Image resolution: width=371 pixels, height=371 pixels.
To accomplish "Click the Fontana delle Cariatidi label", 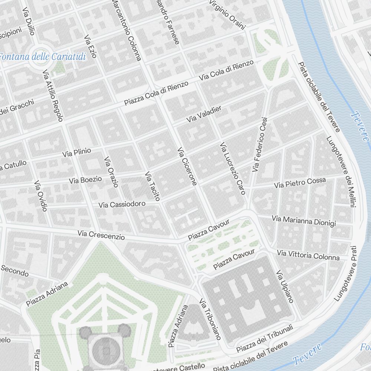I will tap(42, 57).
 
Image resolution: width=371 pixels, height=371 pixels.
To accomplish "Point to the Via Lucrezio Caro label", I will tap(233, 168).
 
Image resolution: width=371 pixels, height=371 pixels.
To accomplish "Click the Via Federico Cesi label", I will tap(260, 145).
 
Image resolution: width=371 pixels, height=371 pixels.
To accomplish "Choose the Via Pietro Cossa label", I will tap(300, 183).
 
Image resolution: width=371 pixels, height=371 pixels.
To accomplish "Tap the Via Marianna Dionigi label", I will tap(303, 221).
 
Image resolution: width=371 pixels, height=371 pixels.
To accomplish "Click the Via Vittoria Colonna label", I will tap(308, 255).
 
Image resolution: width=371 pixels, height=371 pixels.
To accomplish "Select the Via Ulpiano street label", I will tap(285, 286).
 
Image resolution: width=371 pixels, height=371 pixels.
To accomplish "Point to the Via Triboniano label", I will tap(210, 319).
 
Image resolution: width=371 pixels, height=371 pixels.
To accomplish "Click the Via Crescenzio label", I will tap(101, 235).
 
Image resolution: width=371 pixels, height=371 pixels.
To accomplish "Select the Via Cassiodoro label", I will tap(122, 204).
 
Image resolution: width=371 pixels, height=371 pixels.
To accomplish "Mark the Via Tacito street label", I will tap(152, 186).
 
